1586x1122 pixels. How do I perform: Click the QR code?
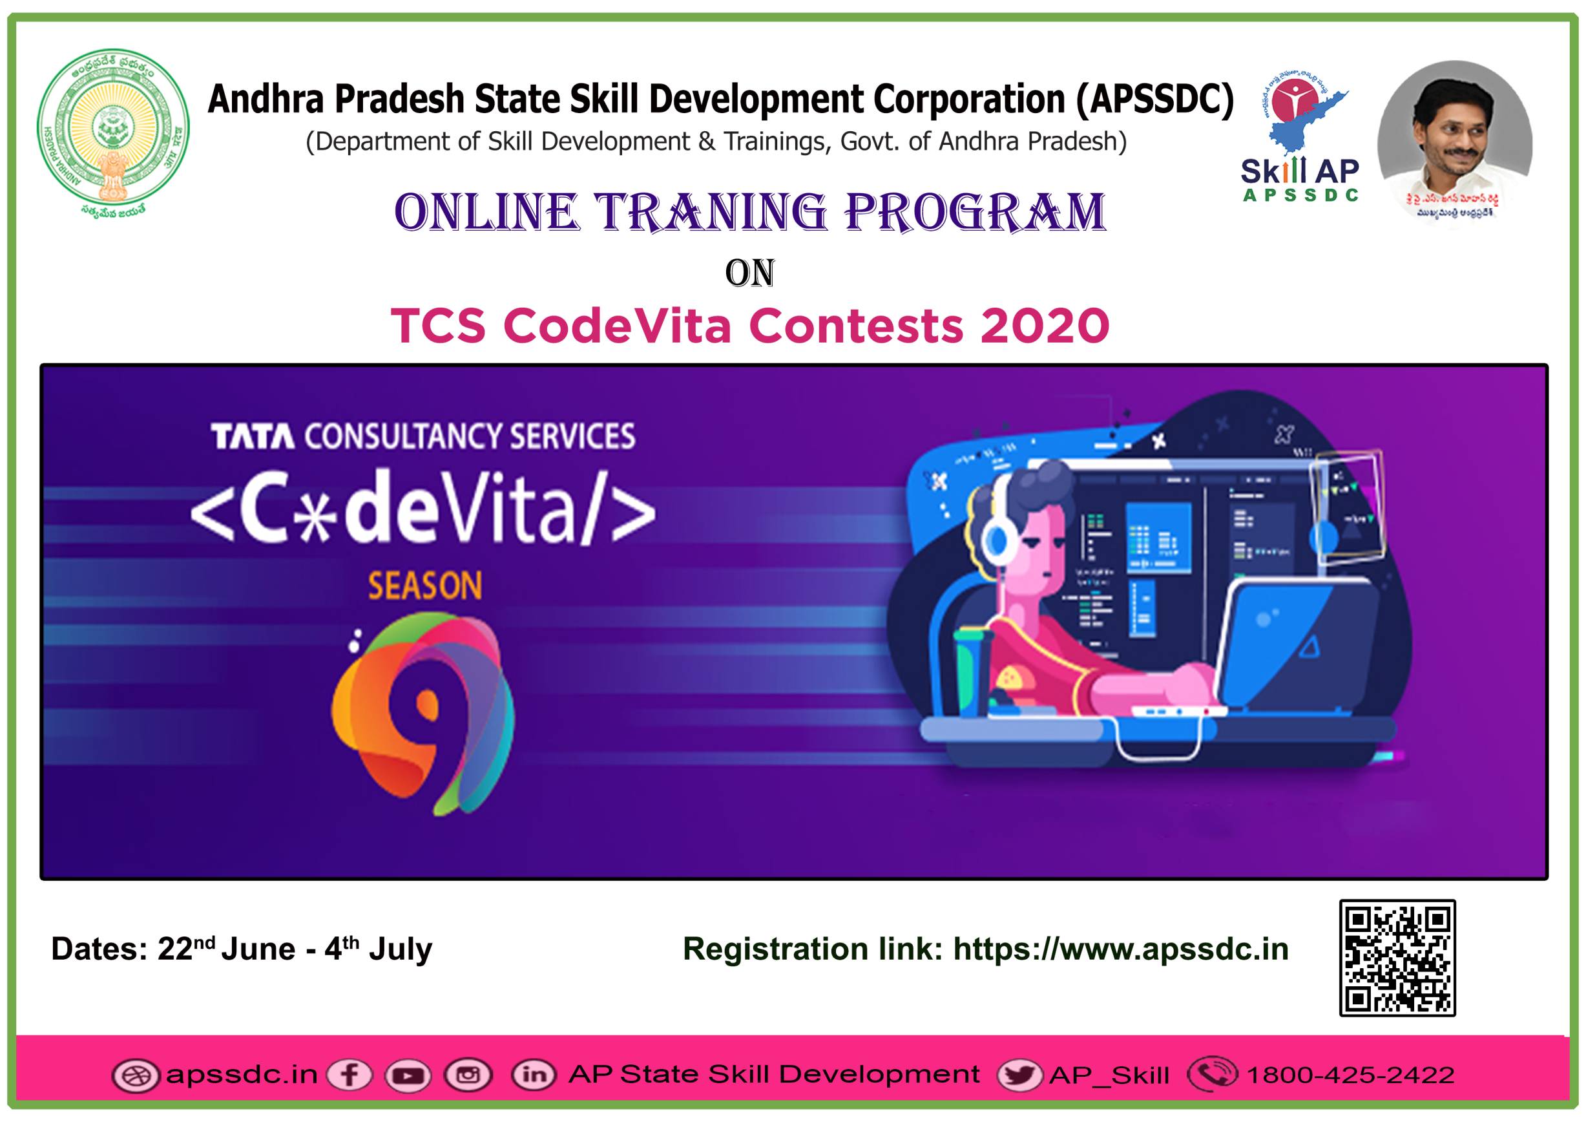click(x=1397, y=958)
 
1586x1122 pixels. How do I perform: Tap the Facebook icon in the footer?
click(x=350, y=1075)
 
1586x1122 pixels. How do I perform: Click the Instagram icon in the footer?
click(x=468, y=1075)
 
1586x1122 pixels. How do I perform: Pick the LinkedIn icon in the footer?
click(x=533, y=1075)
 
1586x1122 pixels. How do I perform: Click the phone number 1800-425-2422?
click(x=1350, y=1075)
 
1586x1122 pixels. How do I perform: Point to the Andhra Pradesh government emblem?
click(x=112, y=131)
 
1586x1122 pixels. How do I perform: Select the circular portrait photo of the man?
click(x=1455, y=142)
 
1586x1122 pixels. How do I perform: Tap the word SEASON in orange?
click(x=425, y=586)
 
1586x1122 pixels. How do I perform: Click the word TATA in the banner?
click(x=252, y=437)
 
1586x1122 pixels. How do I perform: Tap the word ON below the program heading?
click(x=749, y=273)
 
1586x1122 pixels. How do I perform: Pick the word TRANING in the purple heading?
click(x=711, y=212)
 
